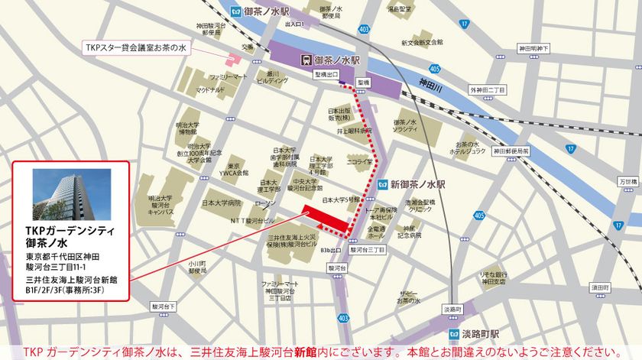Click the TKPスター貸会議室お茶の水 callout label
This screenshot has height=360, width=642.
click(135, 47)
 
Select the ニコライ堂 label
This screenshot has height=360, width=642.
click(358, 162)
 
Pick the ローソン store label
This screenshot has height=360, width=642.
click(265, 203)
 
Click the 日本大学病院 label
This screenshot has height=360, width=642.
click(222, 203)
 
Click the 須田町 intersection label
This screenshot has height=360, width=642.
click(599, 287)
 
